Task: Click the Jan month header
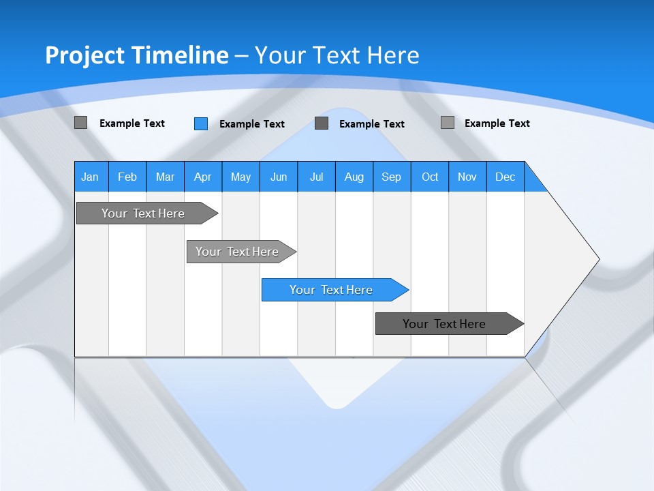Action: [x=91, y=177]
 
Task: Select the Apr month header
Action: [x=203, y=177]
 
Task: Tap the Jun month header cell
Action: [x=279, y=177]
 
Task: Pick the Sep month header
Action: [x=392, y=177]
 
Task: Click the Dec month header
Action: [x=505, y=177]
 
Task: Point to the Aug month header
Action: [x=354, y=177]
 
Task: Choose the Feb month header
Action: [x=127, y=177]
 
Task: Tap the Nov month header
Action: [x=467, y=177]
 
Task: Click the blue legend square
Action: [x=201, y=123]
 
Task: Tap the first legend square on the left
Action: [x=81, y=123]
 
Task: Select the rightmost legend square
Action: [x=448, y=123]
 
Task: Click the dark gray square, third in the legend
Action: [x=322, y=123]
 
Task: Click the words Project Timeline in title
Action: [x=136, y=55]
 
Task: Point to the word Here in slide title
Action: [x=393, y=55]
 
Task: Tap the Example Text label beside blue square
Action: [x=252, y=124]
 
